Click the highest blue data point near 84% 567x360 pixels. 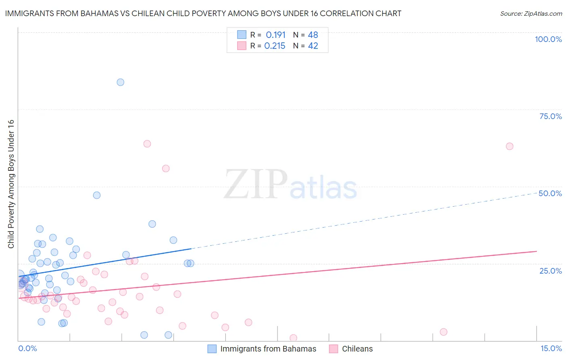coord(120,82)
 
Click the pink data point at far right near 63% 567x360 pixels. coord(509,146)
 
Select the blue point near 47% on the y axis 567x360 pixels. coord(97,195)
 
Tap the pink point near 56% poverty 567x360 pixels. coord(166,169)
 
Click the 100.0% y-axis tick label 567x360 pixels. coord(548,39)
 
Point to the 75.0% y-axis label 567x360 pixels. coord(550,116)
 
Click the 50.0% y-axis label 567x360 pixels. coord(550,193)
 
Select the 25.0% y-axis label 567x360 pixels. coord(550,270)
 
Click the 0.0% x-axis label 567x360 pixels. coord(27,348)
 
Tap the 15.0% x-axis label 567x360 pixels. coord(551,348)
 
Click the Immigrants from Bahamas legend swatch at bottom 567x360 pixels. coord(212,349)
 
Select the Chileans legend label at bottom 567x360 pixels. coord(357,349)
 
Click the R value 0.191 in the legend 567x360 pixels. coord(275,35)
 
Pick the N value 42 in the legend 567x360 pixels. coord(313,46)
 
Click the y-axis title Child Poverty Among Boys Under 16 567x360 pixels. coord(11,184)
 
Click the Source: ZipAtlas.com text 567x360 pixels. coord(531,13)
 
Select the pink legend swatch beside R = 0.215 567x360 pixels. coord(242,46)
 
